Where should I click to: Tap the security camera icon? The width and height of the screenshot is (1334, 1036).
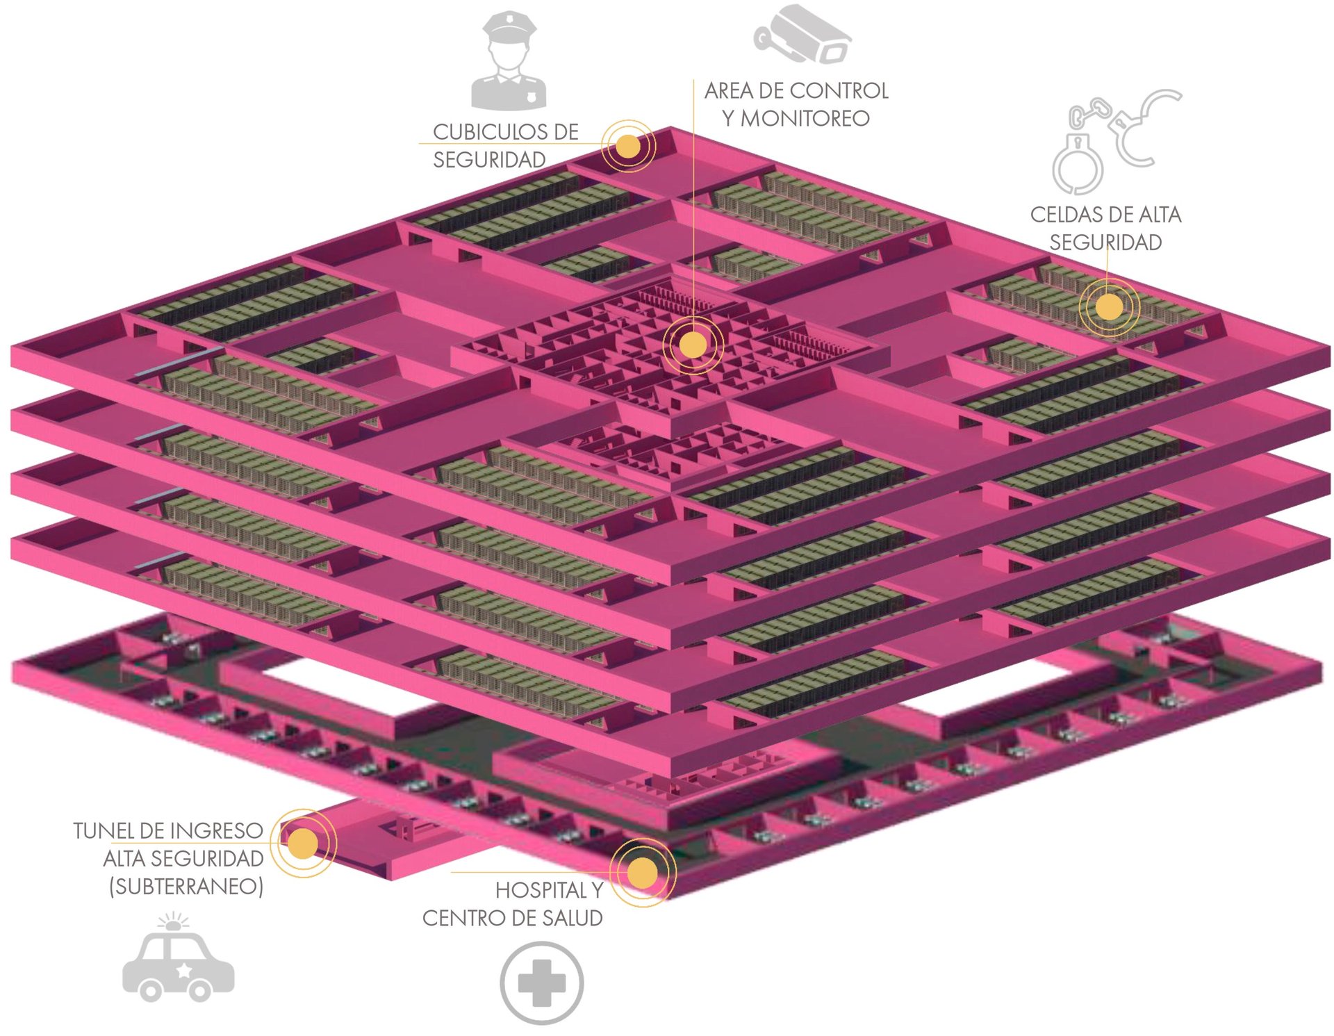[802, 35]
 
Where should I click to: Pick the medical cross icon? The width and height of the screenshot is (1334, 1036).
[542, 982]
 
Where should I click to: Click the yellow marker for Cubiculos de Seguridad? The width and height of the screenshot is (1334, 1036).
[628, 146]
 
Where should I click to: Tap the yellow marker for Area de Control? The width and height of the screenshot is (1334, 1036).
[693, 345]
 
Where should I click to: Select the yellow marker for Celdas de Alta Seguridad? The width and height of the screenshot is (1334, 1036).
[1109, 306]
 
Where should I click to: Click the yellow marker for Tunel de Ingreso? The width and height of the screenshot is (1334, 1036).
[303, 844]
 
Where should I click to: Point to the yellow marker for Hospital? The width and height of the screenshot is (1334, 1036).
[643, 873]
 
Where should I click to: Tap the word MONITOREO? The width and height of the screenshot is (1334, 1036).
[805, 119]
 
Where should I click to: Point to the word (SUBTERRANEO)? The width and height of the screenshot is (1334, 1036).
[186, 887]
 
